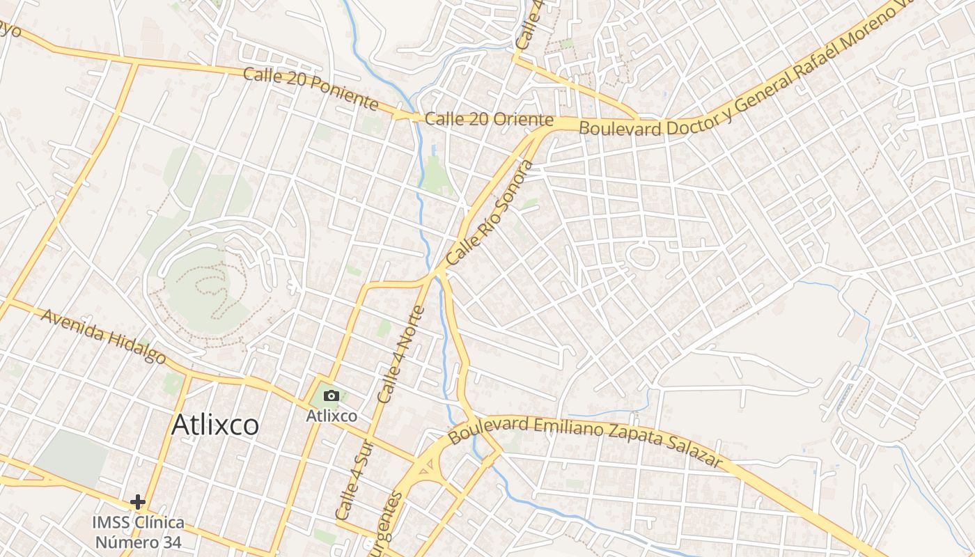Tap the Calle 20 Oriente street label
pos(489,120)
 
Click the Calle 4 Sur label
pos(348,480)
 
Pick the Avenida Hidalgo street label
pos(103,336)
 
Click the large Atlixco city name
pos(215,424)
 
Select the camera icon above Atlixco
pos(331,396)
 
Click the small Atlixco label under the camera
pos(331,416)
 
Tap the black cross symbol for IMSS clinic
pos(138,501)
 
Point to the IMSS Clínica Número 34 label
pos(139,532)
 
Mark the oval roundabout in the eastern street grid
pos(641,256)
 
